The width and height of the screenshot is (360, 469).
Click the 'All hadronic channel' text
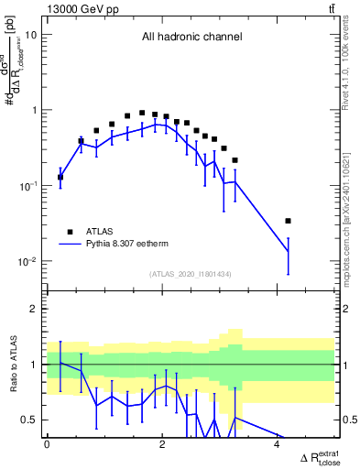coord(191,38)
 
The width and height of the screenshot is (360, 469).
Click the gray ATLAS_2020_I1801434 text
coord(191,274)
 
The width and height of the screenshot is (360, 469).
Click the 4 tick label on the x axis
coord(277,444)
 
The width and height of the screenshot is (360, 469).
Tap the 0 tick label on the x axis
coord(47,444)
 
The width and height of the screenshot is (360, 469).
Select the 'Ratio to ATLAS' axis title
coord(11,365)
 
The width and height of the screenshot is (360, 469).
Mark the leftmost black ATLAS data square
coord(60,177)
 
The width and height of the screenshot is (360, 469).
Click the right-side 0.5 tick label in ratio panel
coord(348,420)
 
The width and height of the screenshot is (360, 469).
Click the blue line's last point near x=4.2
coord(289,251)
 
